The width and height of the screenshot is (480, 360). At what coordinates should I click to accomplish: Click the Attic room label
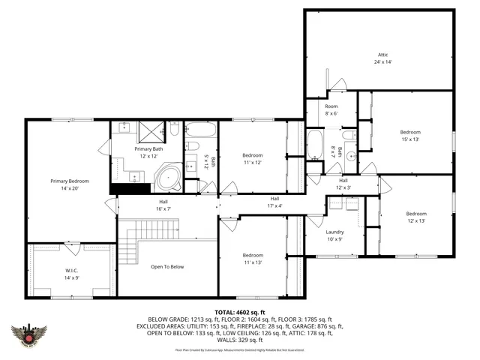(x=383, y=58)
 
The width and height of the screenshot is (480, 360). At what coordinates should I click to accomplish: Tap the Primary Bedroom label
(x=69, y=184)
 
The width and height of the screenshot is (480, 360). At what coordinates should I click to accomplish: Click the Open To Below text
(x=166, y=266)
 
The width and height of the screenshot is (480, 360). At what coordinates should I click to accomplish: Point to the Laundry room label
(x=334, y=235)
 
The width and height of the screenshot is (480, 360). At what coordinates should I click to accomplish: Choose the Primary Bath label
(x=148, y=152)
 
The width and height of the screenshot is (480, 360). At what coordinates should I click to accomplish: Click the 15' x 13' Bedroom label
(x=409, y=135)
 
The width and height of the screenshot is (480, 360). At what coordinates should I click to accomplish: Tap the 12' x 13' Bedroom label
(x=415, y=216)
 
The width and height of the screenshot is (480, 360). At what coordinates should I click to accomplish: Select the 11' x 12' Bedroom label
(x=252, y=158)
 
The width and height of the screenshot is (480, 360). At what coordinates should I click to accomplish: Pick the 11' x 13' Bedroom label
(x=252, y=258)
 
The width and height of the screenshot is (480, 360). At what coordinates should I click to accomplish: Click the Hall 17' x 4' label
(x=274, y=202)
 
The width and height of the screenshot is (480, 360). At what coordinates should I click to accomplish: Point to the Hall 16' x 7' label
(x=163, y=205)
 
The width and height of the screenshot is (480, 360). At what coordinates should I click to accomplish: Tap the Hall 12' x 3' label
(x=343, y=183)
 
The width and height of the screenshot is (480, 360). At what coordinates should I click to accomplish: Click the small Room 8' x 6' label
(x=331, y=109)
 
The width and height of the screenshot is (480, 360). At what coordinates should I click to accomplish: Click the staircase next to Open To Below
(x=133, y=242)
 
